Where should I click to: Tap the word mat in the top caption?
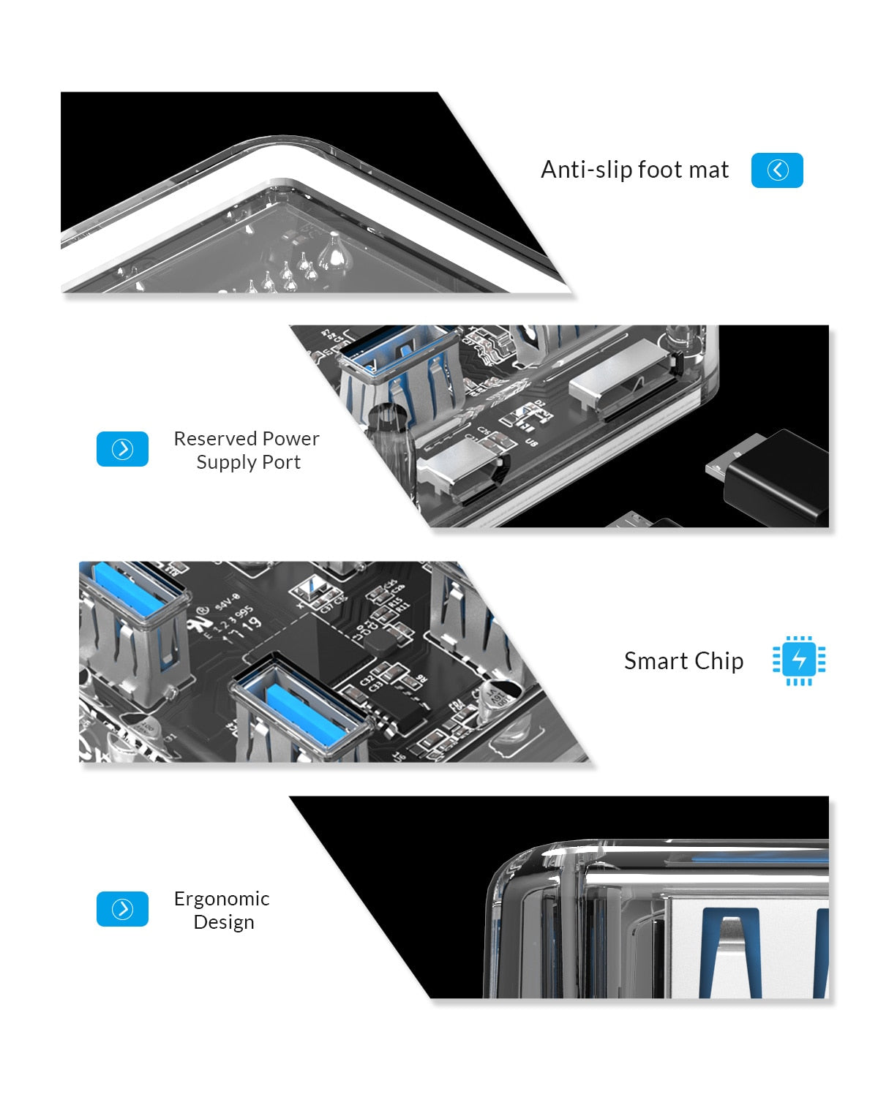pyautogui.click(x=709, y=170)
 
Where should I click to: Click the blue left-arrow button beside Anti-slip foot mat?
pyautogui.click(x=777, y=170)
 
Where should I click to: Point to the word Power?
pyautogui.click(x=290, y=439)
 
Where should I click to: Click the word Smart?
pyautogui.click(x=655, y=661)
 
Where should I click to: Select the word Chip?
pyautogui.click(x=719, y=661)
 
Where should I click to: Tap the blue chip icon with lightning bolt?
pyautogui.click(x=798, y=660)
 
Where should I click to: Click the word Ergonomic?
pyautogui.click(x=222, y=899)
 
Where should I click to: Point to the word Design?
pyautogui.click(x=223, y=922)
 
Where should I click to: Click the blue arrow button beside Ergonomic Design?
pyautogui.click(x=122, y=909)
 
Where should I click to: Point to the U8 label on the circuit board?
pyautogui.click(x=531, y=442)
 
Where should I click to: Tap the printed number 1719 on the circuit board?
pyautogui.click(x=241, y=627)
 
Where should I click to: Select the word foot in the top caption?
pyautogui.click(x=661, y=170)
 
